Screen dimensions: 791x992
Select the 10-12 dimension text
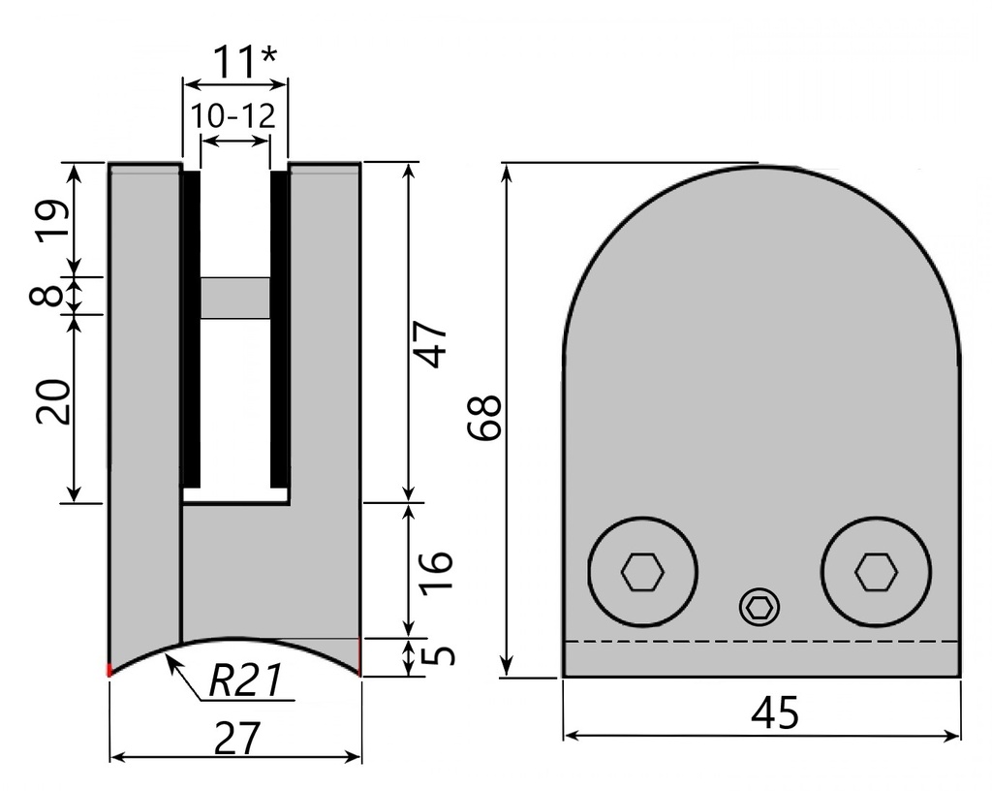click(232, 116)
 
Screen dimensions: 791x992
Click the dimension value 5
click(440, 656)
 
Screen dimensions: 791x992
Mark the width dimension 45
click(775, 714)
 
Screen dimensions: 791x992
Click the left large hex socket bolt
click(643, 572)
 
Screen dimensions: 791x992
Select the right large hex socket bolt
click(876, 571)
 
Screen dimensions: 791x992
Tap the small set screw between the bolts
click(759, 608)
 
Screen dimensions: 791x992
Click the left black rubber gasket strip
click(191, 330)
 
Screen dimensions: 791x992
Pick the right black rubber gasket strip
click(279, 330)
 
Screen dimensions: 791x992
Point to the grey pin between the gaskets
click(235, 298)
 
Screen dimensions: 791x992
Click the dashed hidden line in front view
click(761, 642)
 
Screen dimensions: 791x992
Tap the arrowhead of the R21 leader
click(170, 660)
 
